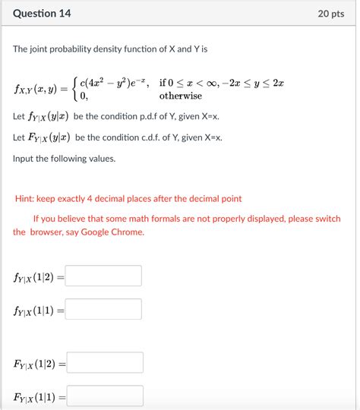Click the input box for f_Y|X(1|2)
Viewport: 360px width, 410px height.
104,276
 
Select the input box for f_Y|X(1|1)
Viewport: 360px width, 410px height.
104,309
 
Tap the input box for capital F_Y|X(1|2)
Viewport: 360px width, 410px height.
106,363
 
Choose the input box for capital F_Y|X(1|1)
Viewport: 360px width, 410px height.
106,396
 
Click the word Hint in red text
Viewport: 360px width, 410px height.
27,198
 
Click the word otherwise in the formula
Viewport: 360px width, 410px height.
180,96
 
